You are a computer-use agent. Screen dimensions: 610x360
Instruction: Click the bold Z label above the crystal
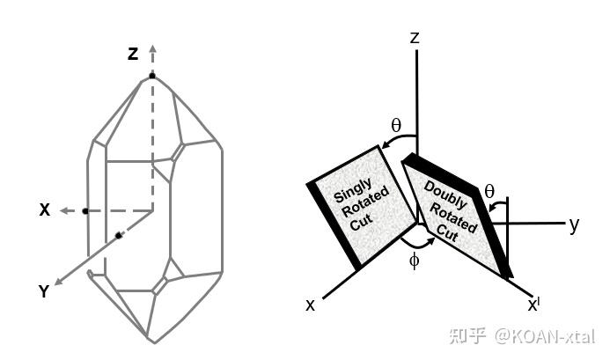click(133, 54)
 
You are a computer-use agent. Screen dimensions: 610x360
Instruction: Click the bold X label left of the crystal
click(44, 210)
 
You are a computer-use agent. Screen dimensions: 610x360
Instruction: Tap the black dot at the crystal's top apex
click(152, 77)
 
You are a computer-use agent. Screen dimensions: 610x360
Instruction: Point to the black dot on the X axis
click(85, 211)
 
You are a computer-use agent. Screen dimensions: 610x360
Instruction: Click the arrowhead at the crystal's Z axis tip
click(152, 48)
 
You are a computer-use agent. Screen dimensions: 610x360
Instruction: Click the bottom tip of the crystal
click(153, 342)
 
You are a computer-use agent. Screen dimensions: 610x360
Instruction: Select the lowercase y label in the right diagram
click(574, 224)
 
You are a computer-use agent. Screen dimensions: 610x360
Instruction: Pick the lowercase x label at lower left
click(310, 305)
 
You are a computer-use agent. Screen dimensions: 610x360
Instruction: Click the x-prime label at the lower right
click(533, 305)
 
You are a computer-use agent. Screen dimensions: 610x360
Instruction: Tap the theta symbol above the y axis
click(489, 189)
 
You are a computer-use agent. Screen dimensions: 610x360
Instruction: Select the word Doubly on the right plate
click(441, 193)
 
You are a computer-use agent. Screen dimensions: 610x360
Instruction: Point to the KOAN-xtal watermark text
click(543, 335)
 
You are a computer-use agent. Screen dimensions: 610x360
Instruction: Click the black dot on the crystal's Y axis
click(117, 236)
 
